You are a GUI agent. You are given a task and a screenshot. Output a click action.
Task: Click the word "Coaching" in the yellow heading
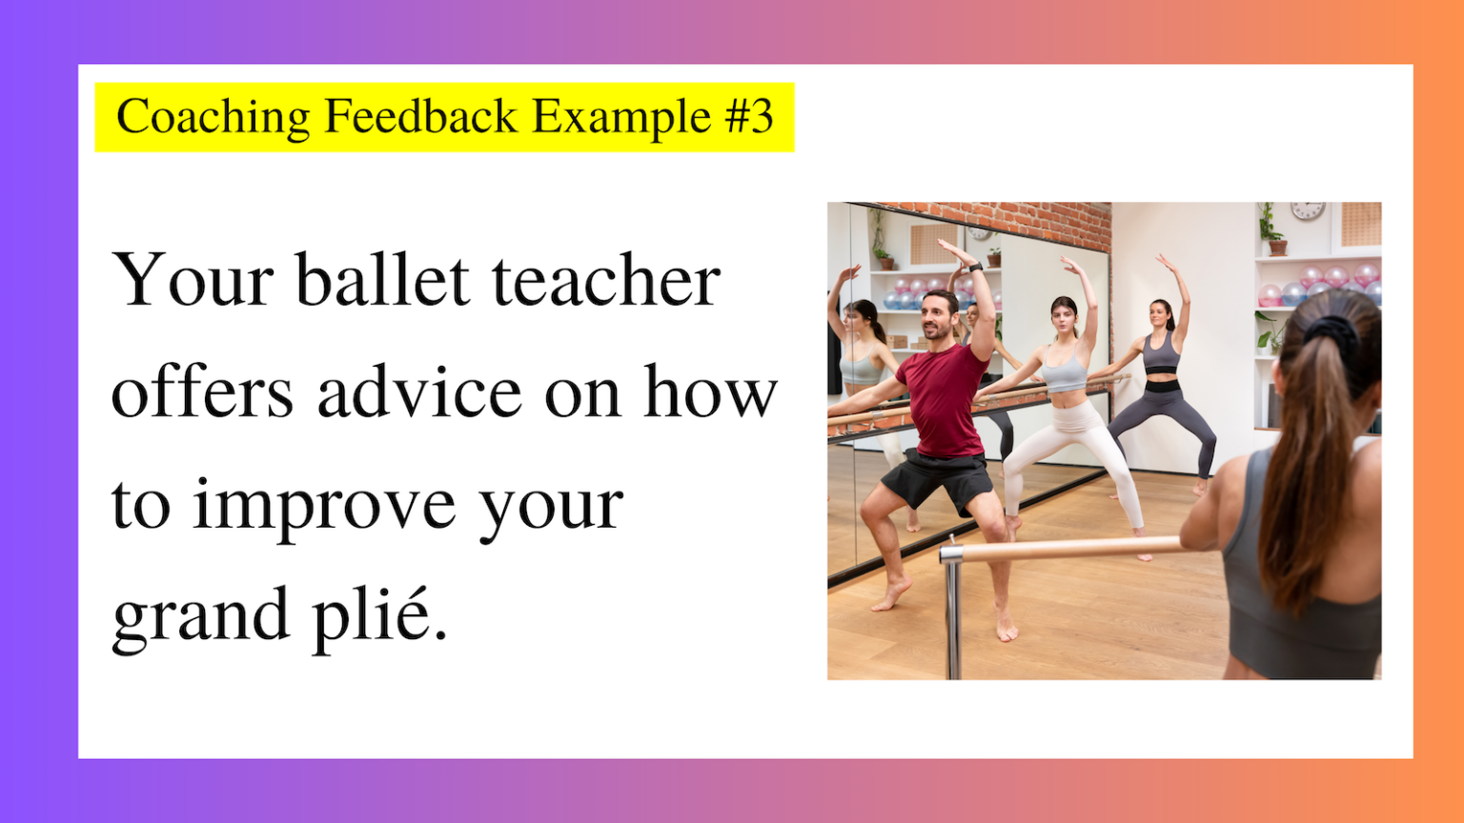pos(213,117)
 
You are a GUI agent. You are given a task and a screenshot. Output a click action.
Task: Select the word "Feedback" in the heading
pos(420,116)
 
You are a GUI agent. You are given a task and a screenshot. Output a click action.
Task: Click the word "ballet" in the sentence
pos(382,280)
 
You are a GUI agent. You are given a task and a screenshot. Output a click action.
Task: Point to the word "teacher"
pos(606,280)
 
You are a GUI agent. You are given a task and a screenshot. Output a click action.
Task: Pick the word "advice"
pos(419,391)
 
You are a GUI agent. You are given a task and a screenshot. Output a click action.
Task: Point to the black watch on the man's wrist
pos(975,268)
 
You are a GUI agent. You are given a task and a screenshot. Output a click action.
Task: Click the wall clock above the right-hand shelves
pos(1308,211)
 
